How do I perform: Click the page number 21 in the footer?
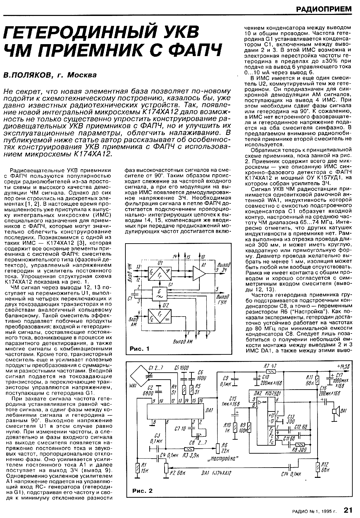click(348, 509)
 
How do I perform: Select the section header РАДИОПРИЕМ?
click(324, 9)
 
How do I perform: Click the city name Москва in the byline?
click(82, 75)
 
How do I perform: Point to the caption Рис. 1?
click(139, 348)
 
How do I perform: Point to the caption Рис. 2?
click(142, 491)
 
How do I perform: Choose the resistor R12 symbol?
click(318, 467)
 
